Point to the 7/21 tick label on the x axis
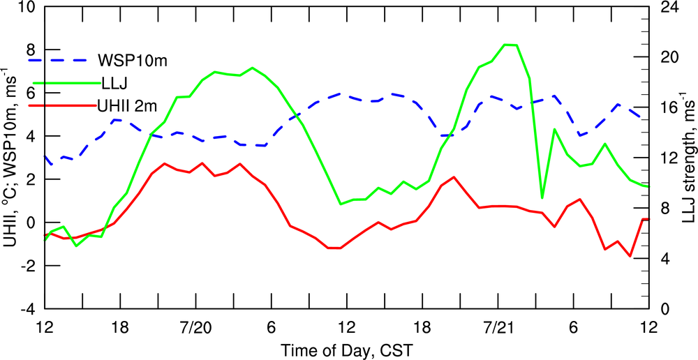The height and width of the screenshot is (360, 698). (498, 327)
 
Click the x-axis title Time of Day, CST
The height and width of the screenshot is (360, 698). (346, 348)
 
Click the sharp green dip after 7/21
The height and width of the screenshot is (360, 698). (542, 198)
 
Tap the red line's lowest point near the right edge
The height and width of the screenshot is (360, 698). (630, 256)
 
